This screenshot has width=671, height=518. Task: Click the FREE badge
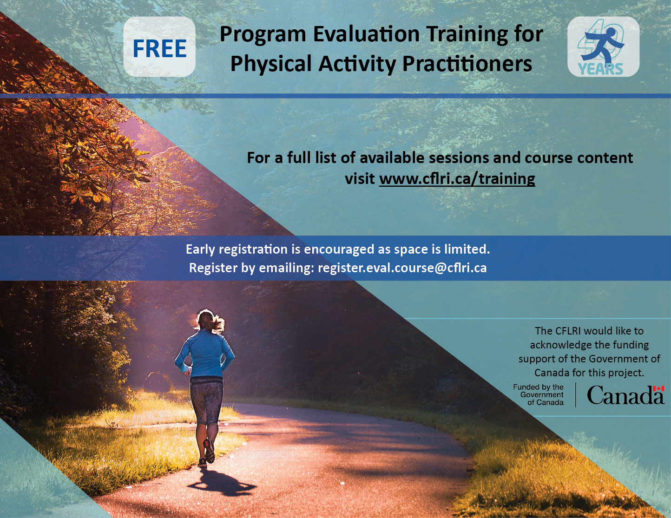pyautogui.click(x=159, y=47)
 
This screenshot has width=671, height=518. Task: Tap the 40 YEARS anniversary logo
pyautogui.click(x=603, y=47)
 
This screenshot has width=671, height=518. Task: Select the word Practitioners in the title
pyautogui.click(x=467, y=64)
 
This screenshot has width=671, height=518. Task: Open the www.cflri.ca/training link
pyautogui.click(x=457, y=179)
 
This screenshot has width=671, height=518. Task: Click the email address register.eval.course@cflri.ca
pyautogui.click(x=402, y=268)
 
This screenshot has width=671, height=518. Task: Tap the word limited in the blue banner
pyautogui.click(x=465, y=249)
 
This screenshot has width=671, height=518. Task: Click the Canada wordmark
pyautogui.click(x=625, y=396)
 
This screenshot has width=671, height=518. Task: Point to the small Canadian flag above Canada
pyautogui.click(x=658, y=388)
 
